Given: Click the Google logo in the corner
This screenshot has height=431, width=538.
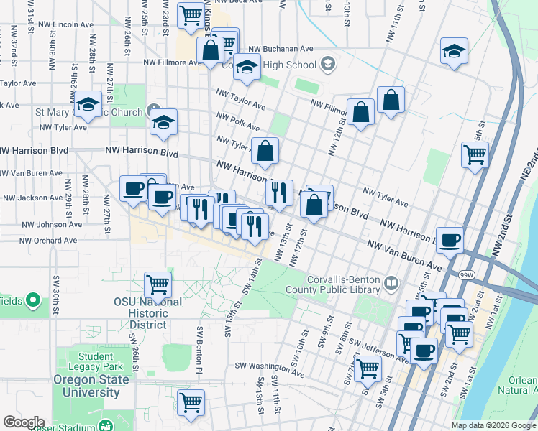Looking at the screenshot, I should (x=24, y=422).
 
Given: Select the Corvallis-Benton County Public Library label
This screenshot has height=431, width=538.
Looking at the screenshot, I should (x=343, y=284).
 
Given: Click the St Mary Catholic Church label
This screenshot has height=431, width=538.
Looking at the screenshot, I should (x=89, y=113).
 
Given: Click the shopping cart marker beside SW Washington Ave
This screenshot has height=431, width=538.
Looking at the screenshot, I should (x=368, y=369).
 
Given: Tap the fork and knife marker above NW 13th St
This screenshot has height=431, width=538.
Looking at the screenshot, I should (x=279, y=192).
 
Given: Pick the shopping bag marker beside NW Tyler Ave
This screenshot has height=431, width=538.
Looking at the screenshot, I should (x=265, y=151).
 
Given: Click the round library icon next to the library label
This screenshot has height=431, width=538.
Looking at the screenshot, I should (x=391, y=282).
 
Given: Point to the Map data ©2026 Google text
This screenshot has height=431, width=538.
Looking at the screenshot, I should (x=493, y=425).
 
